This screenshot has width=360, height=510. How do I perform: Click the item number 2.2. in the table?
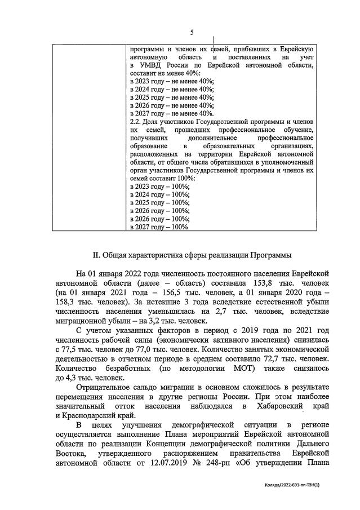(136, 121)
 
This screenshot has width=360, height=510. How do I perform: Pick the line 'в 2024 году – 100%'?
(160, 194)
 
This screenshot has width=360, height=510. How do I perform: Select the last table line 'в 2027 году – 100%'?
(160, 227)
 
